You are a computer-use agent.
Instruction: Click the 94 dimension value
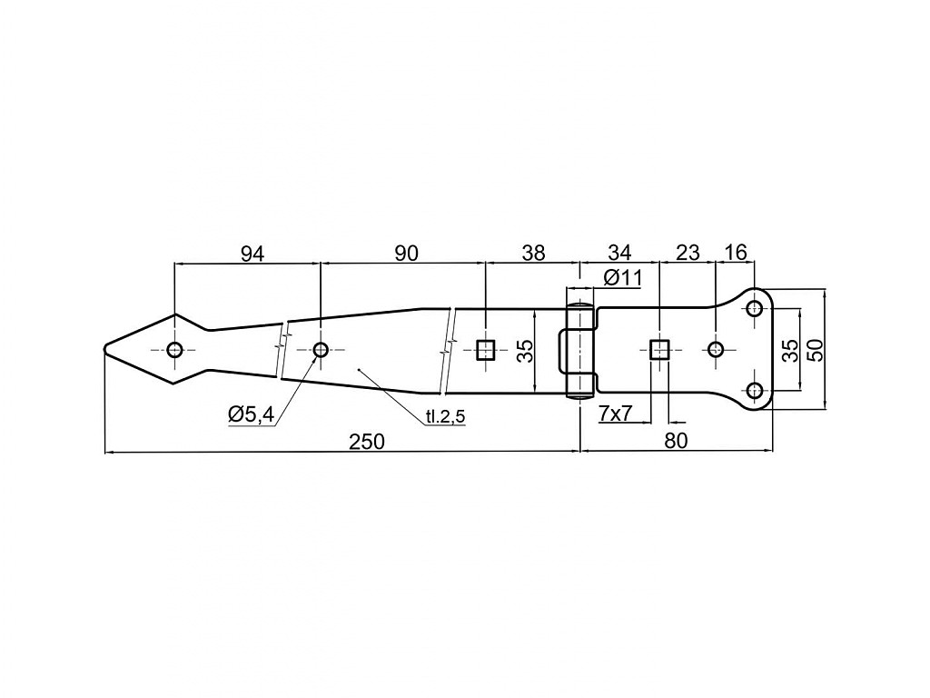coord(252,254)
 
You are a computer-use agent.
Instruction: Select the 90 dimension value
coord(406,254)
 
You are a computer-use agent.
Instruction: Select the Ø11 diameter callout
coord(623,277)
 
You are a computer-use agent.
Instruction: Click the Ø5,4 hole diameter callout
coord(252,414)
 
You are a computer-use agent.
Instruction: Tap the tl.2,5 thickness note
coord(445,416)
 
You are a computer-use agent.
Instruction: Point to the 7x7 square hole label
coord(615,414)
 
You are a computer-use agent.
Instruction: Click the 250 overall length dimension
coord(367,442)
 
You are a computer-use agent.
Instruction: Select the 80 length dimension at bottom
coord(676,441)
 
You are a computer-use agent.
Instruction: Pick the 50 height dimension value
coord(816,350)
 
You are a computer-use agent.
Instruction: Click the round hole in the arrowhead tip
coord(174,350)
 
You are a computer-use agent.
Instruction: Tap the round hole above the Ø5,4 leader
coord(321,350)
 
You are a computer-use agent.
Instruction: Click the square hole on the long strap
coord(486,350)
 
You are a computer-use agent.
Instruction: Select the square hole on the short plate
coord(659,350)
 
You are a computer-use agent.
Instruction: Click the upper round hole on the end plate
coord(755,308)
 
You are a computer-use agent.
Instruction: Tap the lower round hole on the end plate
coord(755,391)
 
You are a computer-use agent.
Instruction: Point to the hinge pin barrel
coord(580,350)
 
